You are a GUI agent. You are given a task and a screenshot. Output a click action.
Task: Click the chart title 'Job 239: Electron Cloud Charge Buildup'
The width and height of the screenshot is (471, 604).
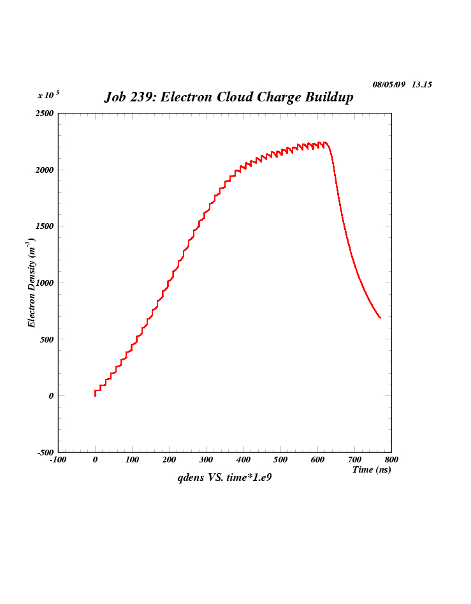coord(228,98)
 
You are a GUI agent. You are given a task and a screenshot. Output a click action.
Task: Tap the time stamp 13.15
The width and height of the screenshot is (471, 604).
coord(422,84)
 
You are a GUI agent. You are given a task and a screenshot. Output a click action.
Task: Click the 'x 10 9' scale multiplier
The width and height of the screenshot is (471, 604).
coord(48,94)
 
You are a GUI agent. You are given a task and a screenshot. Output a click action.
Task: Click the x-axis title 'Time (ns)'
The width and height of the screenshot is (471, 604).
coord(372,469)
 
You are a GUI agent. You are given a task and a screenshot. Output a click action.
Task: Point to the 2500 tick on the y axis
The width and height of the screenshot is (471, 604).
coord(44,114)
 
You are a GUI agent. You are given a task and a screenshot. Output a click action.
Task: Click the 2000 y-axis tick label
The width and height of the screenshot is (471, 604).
coord(44,170)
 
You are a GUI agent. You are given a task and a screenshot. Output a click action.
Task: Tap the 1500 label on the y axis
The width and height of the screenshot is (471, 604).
coord(44,226)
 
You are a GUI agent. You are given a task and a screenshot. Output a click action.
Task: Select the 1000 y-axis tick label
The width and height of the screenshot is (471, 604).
coord(44,283)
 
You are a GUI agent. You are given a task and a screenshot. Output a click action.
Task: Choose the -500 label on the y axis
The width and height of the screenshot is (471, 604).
coord(45,452)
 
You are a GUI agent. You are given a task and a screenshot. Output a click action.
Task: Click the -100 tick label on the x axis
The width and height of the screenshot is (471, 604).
coord(58,460)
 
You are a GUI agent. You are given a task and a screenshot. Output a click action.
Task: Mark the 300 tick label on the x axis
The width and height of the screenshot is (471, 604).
coord(206,460)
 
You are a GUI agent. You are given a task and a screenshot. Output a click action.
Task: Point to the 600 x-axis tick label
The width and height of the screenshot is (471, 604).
coord(317,460)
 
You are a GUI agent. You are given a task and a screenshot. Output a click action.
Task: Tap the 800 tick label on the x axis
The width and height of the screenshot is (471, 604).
coord(391,460)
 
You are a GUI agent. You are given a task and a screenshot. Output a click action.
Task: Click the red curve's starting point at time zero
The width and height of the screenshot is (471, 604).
coord(95,395)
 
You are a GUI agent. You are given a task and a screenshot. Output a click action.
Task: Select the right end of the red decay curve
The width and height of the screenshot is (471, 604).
coord(380,318)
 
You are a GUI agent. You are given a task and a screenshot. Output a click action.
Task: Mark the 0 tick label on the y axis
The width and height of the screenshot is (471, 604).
coord(51,395)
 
